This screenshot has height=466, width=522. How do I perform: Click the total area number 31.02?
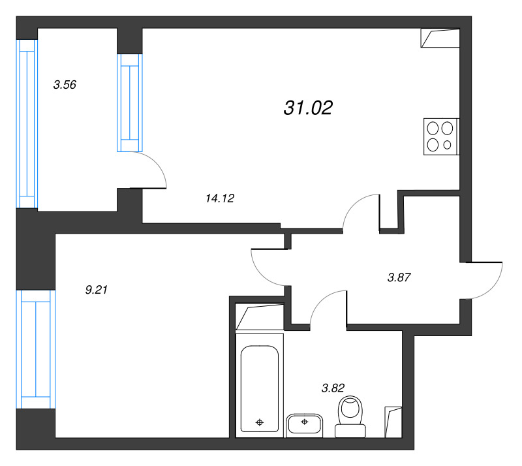pos(308,108)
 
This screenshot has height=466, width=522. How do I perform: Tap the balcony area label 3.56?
pos(65,85)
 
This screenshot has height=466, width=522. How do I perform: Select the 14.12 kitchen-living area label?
pos(220,198)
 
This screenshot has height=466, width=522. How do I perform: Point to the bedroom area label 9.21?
pos(96,290)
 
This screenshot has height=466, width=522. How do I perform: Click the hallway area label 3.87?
pos(399,277)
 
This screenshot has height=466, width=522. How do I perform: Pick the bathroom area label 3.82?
pos(333,388)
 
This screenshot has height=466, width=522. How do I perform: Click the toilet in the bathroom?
pos(350,416)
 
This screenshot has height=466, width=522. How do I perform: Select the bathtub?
pos(260,386)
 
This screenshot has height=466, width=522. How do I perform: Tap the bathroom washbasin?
pos(304,426)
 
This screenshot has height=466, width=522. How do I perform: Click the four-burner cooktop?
pos(442,136)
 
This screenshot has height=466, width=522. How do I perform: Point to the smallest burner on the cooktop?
pos(447,145)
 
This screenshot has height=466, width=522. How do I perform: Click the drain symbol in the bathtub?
pos(260,423)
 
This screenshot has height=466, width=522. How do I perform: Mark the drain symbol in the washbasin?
pos(304,422)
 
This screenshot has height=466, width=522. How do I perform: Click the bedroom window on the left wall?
pos(36,349)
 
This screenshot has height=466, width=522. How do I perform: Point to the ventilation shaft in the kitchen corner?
pos(440,38)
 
